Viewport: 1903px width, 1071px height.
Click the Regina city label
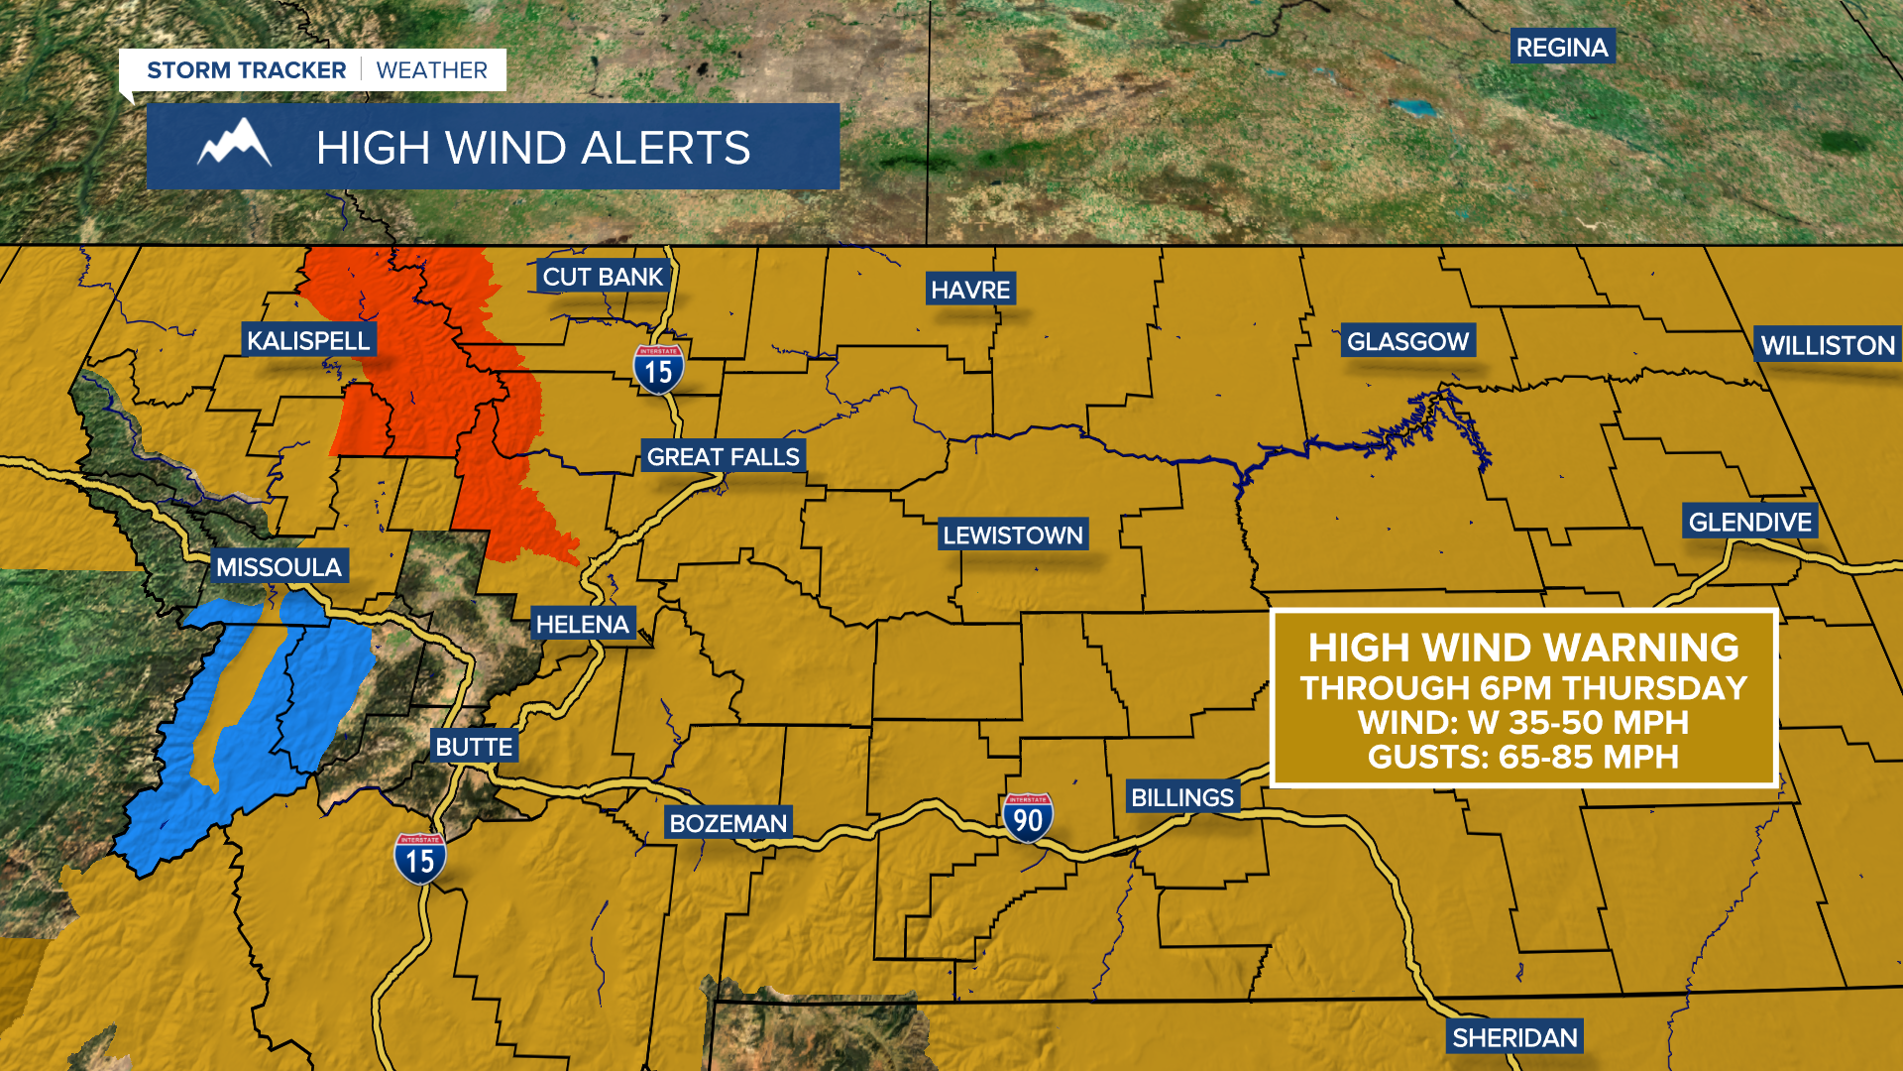pos(1562,48)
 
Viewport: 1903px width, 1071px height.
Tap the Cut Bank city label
pos(603,277)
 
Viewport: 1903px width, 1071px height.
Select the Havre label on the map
pos(970,290)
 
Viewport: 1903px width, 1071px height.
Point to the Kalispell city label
pos(308,341)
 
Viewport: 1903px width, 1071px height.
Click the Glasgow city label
pos(1407,342)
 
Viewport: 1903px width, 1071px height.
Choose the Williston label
pos(1828,345)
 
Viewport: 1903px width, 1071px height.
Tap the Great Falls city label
pos(723,457)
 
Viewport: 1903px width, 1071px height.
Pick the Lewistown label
pos(1013,535)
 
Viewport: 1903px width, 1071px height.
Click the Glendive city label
pos(1749,523)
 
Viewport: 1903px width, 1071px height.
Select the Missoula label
pos(279,567)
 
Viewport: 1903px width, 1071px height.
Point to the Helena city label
pos(583,625)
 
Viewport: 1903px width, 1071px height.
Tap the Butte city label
pos(474,747)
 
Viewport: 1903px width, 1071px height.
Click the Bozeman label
pos(728,823)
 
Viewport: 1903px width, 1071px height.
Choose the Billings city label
pos(1182,797)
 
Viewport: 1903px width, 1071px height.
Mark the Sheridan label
pos(1514,1037)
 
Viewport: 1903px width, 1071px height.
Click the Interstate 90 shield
pos(1028,818)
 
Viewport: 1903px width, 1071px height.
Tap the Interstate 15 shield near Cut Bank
pos(658,370)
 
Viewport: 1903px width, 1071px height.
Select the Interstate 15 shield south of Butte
pos(420,859)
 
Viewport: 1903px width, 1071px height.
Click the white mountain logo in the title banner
pos(235,144)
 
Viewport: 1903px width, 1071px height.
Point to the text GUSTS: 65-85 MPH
pos(1523,757)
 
